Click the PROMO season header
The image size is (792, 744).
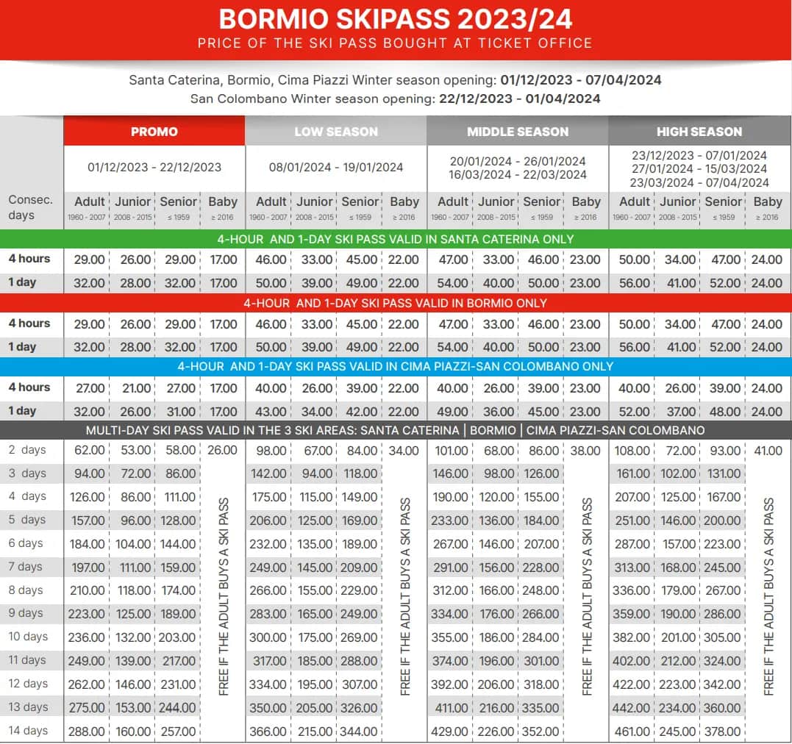tap(154, 132)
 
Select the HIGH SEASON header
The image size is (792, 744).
tap(699, 132)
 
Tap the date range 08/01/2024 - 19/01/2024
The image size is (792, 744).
tap(336, 167)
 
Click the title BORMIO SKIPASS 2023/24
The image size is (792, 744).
tap(395, 19)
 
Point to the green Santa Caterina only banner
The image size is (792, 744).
tap(395, 239)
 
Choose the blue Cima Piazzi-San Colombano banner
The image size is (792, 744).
tap(395, 366)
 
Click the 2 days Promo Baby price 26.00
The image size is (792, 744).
tap(222, 450)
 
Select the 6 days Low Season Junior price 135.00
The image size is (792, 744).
tap(315, 544)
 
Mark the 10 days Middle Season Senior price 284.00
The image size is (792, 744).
tap(541, 637)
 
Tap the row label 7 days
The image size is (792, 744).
tap(26, 567)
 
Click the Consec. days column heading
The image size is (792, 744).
tap(30, 207)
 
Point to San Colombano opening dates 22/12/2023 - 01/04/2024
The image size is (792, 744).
tap(519, 99)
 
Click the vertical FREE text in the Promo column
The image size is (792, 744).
tap(224, 595)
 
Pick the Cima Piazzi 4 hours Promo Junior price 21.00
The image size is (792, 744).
tap(133, 388)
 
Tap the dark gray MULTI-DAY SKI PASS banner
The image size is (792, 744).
tap(395, 430)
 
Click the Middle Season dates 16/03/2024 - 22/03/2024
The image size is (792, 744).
tap(518, 175)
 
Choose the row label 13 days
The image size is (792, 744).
tap(28, 707)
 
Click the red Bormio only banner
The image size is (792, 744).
tap(395, 303)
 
